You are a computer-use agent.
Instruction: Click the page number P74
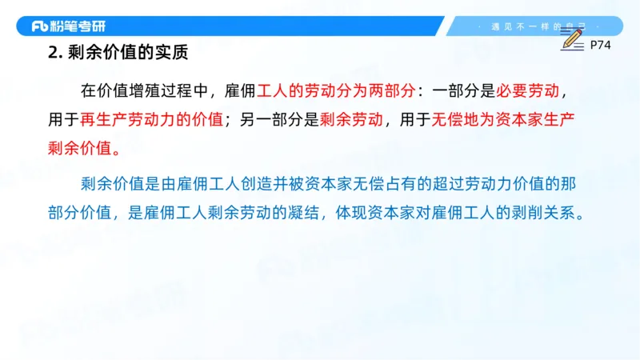pos(600,46)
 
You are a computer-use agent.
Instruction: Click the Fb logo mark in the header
pos(41,26)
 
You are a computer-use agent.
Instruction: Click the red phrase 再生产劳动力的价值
pos(150,119)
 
